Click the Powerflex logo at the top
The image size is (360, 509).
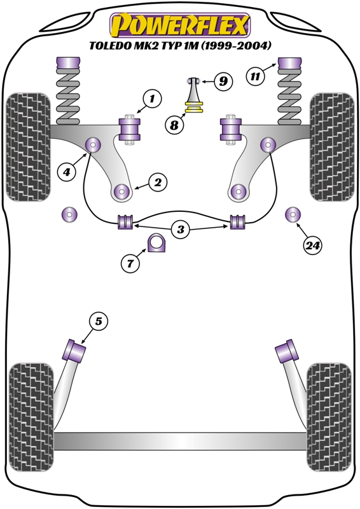click(180, 25)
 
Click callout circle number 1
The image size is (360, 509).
click(151, 99)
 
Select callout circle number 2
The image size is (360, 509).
click(158, 183)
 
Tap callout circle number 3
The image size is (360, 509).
click(181, 230)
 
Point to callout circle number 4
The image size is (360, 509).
click(67, 171)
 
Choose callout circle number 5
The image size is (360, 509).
click(99, 321)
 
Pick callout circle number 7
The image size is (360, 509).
click(130, 263)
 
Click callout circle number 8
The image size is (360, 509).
click(174, 125)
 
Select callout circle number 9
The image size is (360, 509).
click(223, 81)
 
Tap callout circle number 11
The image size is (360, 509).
click(255, 76)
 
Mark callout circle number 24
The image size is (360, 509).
click(313, 246)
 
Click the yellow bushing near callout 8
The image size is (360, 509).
click(194, 108)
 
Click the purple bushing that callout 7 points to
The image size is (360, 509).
click(157, 242)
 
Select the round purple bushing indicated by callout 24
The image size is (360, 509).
click(293, 214)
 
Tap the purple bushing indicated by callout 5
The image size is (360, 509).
click(74, 351)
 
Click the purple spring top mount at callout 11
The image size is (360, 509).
click(290, 63)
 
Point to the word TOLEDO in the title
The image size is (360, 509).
click(108, 46)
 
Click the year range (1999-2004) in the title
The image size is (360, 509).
click(236, 46)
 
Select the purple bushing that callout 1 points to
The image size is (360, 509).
click(130, 129)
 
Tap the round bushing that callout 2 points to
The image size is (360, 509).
click(121, 192)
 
